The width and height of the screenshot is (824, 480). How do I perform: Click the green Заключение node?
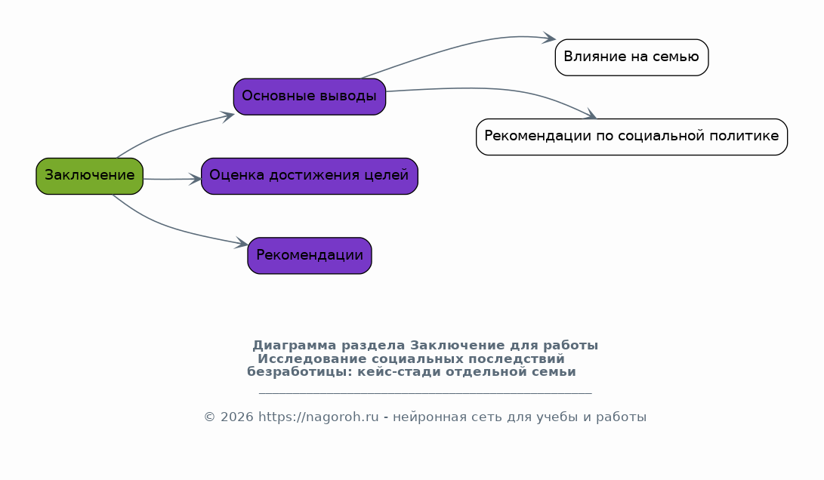pyautogui.click(x=89, y=176)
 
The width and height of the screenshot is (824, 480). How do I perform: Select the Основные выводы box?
pyautogui.click(x=310, y=97)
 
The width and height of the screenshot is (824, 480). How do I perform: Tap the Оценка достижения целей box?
pyautogui.click(x=310, y=176)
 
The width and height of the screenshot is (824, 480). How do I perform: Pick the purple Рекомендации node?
pyautogui.click(x=310, y=256)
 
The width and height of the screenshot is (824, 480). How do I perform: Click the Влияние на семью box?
pyautogui.click(x=631, y=57)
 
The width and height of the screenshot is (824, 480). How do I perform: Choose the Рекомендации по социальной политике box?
pyautogui.click(x=631, y=137)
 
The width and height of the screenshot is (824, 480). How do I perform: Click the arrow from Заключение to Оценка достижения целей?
pyautogui.click(x=172, y=179)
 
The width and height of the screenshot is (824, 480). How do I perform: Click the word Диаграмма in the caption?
pyautogui.click(x=295, y=346)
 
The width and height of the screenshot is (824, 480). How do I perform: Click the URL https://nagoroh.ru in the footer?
pyautogui.click(x=319, y=417)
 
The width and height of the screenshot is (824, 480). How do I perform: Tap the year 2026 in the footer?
pyautogui.click(x=237, y=417)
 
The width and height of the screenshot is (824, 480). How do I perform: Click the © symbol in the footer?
pyautogui.click(x=210, y=417)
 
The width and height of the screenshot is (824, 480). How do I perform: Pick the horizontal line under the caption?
pyautogui.click(x=425, y=392)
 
